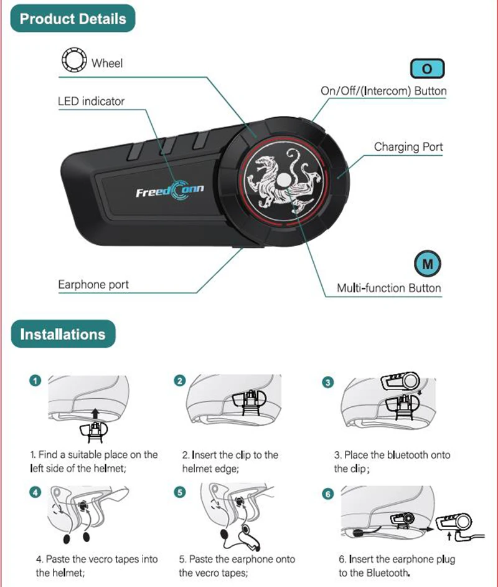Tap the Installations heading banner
[63, 334]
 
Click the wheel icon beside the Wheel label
[72, 62]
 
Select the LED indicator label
[91, 101]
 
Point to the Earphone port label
[93, 285]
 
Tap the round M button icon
[427, 264]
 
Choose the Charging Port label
[408, 147]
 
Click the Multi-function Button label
[389, 288]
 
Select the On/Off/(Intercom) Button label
[383, 91]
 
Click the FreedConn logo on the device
[169, 190]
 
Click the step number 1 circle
[36, 380]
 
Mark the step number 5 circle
[181, 492]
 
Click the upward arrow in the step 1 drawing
[93, 411]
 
